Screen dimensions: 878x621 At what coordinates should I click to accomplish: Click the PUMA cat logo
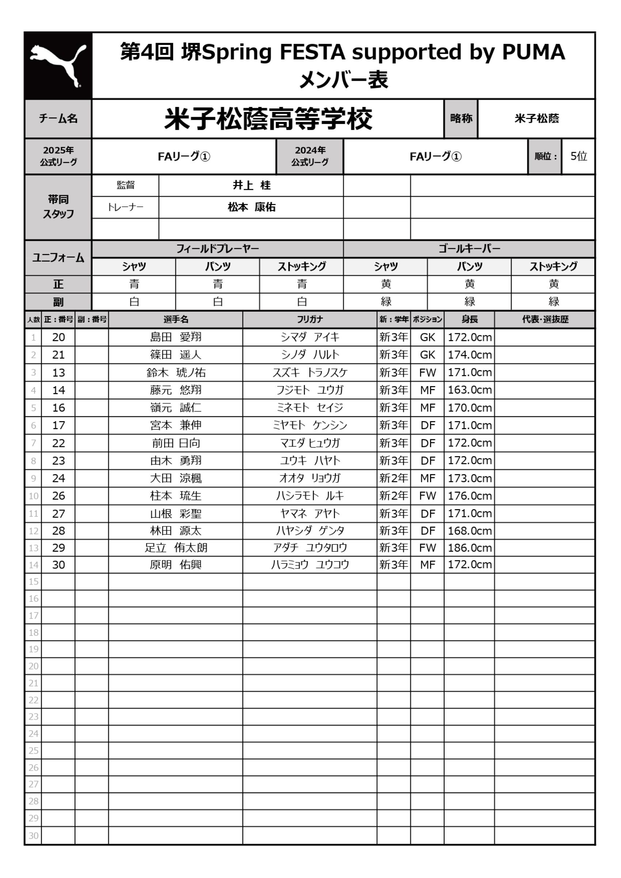click(58, 65)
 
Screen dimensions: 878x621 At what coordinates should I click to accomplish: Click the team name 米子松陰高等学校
click(268, 119)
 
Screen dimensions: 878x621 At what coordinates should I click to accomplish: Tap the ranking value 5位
click(578, 156)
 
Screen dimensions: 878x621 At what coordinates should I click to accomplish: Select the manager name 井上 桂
click(252, 185)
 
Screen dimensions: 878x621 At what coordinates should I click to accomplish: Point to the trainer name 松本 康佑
click(252, 207)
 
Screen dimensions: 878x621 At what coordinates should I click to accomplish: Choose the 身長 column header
click(469, 319)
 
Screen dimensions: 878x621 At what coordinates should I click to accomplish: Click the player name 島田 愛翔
click(176, 337)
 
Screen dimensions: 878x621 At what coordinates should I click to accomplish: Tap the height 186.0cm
click(469, 548)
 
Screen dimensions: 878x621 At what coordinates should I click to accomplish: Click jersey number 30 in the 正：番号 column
click(58, 565)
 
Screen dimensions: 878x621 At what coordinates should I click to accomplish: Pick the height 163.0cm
click(469, 390)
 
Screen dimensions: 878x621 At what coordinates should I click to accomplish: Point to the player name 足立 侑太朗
click(176, 548)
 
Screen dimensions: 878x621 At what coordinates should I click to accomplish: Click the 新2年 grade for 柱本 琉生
click(393, 496)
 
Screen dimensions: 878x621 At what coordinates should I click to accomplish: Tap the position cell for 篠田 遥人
click(427, 355)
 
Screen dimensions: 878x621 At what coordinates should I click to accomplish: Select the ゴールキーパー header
click(469, 249)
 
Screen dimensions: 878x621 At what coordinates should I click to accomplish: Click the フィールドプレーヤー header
click(217, 249)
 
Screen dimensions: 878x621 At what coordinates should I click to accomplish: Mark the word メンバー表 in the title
click(343, 80)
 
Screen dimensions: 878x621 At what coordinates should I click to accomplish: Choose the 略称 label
click(461, 119)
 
